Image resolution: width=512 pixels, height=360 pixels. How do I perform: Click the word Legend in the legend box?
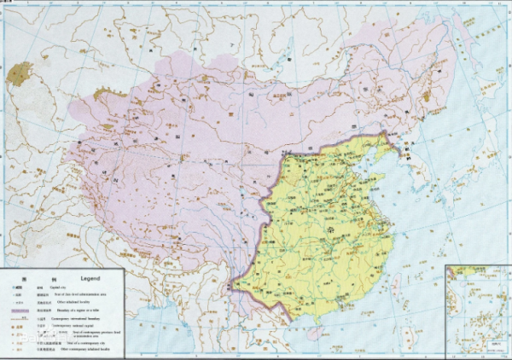[89, 279]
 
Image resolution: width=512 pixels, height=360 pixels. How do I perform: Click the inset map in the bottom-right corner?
[478, 311]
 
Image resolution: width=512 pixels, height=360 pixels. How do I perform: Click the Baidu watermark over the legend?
[34, 336]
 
